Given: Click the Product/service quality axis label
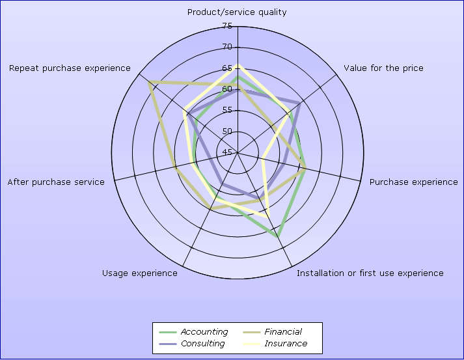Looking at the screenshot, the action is coord(237,12).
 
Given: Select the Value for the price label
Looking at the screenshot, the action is coord(383,68).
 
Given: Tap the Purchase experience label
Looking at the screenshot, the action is coord(414,182).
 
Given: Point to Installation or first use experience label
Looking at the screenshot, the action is coord(370,273).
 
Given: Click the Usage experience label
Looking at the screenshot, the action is coord(140,273).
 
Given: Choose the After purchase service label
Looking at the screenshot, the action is coord(56,182).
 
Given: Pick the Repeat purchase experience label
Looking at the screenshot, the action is coord(70,68).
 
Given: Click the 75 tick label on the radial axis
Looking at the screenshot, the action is coord(227,26).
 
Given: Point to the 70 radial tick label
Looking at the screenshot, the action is coord(227,47).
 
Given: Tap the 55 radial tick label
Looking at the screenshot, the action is coord(227,110).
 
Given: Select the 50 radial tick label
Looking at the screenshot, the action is coord(227,131).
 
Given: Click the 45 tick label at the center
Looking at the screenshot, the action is coord(227,152).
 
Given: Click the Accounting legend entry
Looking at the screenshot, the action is coord(193,332).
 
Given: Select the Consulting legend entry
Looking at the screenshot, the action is coord(192,344).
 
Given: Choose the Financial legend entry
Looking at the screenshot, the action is coord(272,332).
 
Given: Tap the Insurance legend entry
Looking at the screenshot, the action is coord(275,344).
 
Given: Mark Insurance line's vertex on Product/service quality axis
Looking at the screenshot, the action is coord(238,65).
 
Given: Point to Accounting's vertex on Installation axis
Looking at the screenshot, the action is coord(277,236).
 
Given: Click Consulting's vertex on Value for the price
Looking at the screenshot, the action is coord(300,104).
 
